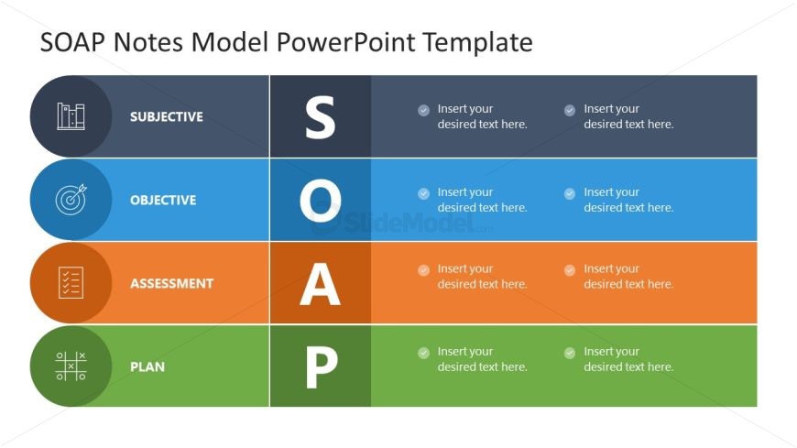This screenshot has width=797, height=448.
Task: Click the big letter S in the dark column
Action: pos(320,117)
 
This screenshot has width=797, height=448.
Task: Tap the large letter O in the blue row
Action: pos(320,201)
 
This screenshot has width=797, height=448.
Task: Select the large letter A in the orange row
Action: pos(320,284)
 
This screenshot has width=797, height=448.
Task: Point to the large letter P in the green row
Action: pos(320,367)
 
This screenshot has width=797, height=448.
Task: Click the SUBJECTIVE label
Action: pos(166,117)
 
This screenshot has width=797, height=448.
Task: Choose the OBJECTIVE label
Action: pos(162,201)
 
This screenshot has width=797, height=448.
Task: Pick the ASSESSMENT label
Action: pos(171,284)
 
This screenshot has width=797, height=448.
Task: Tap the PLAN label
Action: pos(147,367)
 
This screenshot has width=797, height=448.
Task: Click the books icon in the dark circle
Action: pos(71,116)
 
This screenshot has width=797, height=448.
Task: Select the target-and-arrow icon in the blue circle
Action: pos(71,200)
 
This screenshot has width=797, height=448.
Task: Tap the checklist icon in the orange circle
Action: pos(71,283)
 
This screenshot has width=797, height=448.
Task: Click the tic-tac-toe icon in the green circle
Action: pos(71,366)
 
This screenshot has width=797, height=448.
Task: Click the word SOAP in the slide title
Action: pos(71,42)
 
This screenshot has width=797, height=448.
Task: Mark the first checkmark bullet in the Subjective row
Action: pos(423,110)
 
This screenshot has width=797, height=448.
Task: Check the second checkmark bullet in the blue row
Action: pos(570,193)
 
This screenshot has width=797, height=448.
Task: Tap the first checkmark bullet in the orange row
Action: pos(423,270)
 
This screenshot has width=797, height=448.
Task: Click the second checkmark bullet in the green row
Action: pos(570,353)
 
